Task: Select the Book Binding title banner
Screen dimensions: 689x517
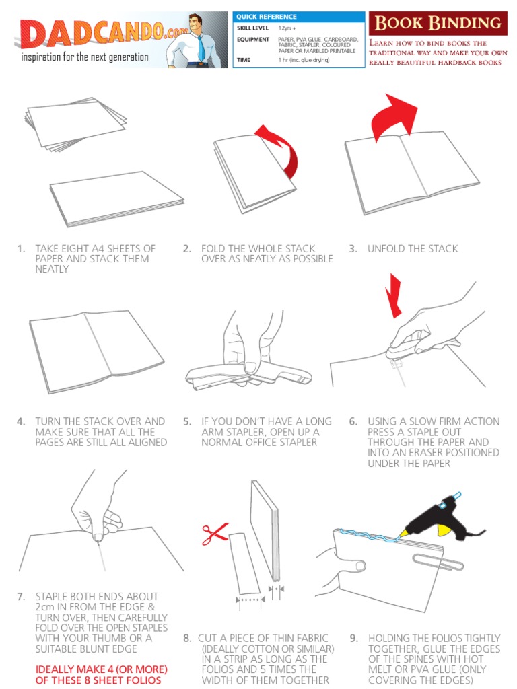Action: pos(438,23)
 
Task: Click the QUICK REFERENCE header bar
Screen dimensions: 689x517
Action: pos(298,16)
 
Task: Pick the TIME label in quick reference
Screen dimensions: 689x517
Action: pos(244,59)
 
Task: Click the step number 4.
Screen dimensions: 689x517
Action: pos(21,421)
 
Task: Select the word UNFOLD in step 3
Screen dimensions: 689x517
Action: pos(386,248)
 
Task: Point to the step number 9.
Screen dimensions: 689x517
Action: pos(353,638)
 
